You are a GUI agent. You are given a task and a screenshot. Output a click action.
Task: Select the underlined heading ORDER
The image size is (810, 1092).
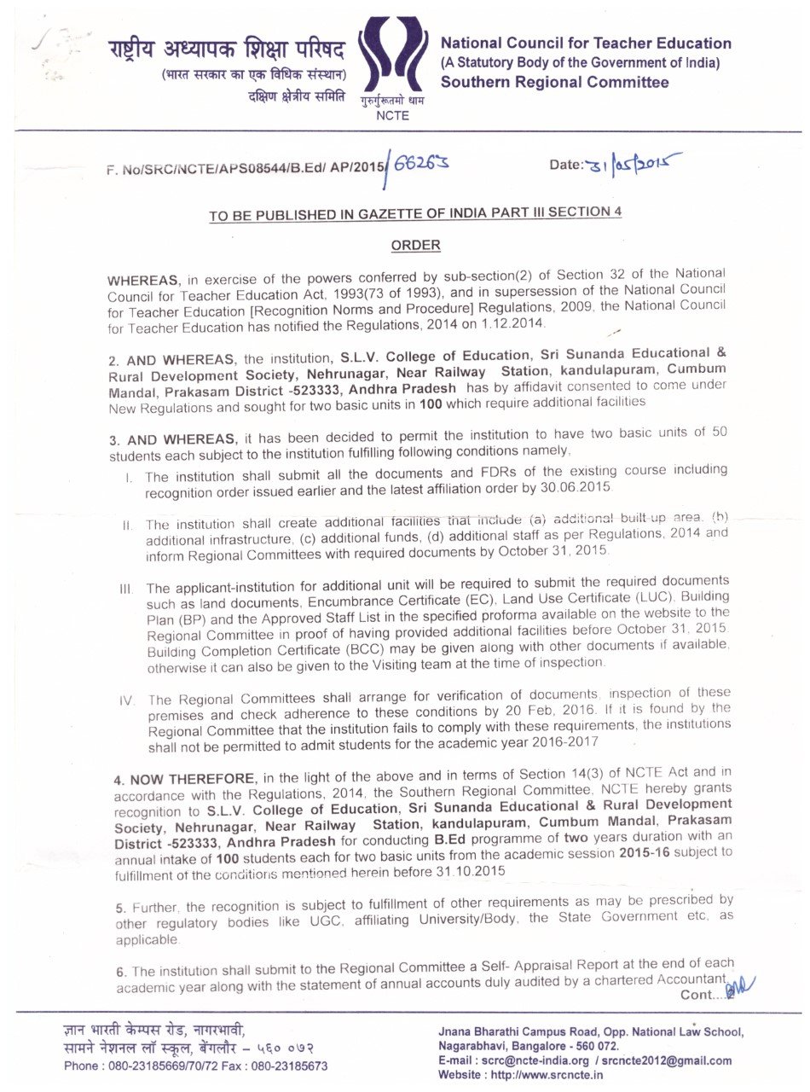(x=415, y=245)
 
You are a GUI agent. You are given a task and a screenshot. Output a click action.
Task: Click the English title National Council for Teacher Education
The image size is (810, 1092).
(x=585, y=44)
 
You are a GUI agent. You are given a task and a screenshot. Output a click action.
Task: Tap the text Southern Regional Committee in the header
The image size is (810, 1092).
(x=554, y=83)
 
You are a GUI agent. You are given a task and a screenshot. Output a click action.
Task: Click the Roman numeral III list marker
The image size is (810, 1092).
(x=126, y=589)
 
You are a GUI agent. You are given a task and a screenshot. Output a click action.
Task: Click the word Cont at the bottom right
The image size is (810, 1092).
(x=700, y=995)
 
